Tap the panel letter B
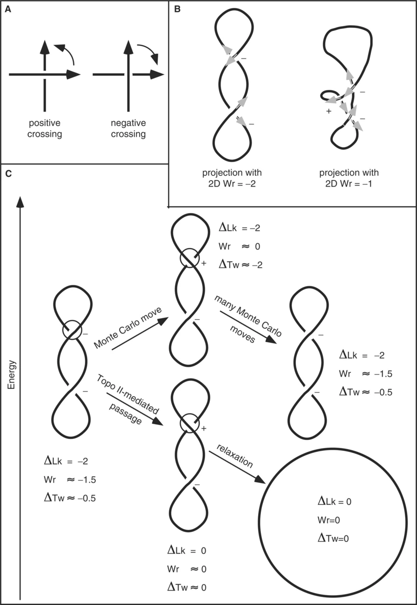177,8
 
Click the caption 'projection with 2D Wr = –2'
232,178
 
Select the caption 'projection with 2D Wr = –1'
349,178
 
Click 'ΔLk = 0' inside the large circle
335,501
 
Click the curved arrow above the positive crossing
65,53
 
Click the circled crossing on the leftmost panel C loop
72,330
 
